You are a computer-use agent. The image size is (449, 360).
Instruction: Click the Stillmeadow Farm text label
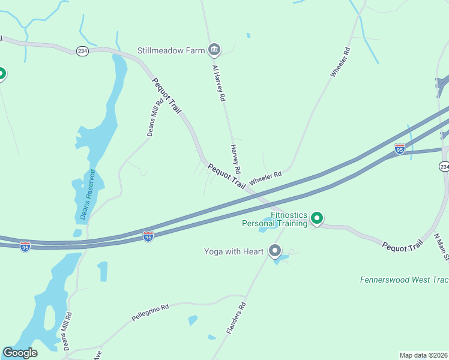tap(171, 50)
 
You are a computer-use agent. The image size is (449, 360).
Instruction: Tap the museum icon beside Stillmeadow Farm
tap(214, 50)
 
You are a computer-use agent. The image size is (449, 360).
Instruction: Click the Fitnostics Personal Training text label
tap(274, 219)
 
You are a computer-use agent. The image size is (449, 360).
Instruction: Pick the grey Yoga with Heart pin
tap(276, 251)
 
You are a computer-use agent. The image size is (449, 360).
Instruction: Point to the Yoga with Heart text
tap(234, 251)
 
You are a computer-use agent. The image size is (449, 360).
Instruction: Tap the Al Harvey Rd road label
tap(218, 82)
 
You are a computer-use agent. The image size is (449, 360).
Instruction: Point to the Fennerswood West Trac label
tap(403, 280)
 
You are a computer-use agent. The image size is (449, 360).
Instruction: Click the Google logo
tap(20, 353)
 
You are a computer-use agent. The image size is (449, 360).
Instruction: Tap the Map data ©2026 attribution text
tap(423, 355)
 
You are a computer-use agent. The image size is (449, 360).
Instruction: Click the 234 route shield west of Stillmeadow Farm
tap(83, 52)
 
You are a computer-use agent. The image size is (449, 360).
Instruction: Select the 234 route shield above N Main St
tap(444, 166)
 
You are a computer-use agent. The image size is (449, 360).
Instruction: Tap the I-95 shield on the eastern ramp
tap(400, 148)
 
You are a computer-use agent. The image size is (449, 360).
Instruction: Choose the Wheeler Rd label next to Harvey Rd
tap(265, 178)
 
